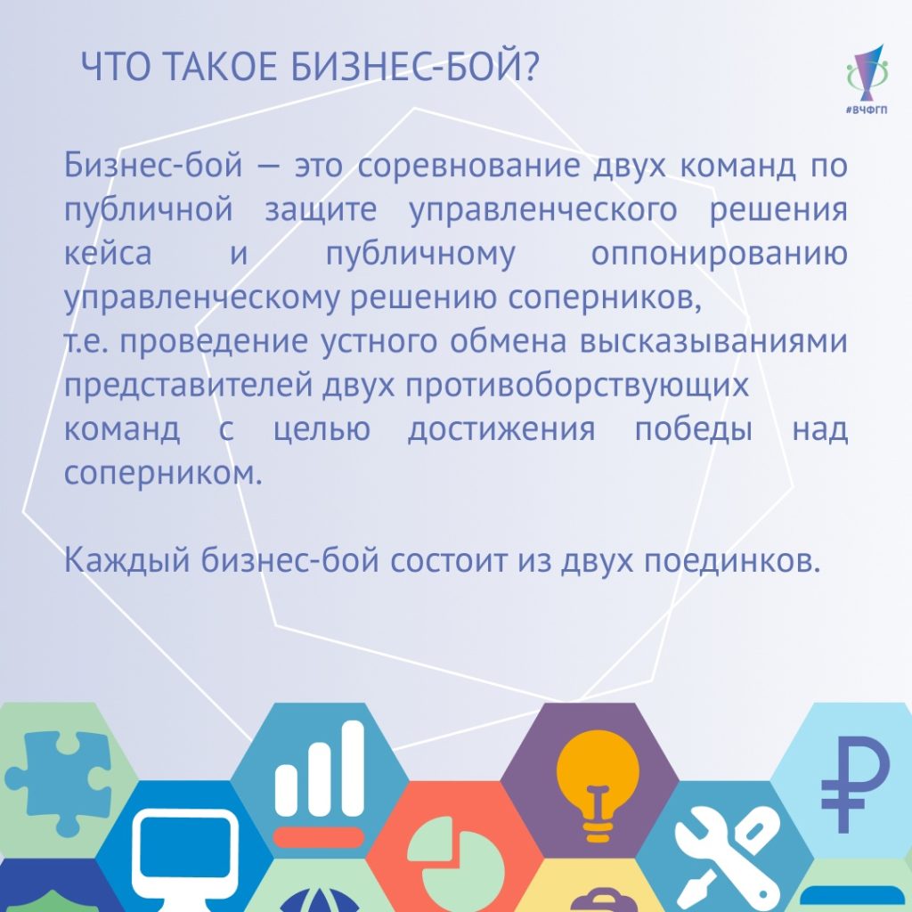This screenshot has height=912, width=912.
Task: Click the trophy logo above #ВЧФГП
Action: (x=866, y=73)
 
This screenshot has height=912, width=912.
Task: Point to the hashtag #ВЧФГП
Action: (x=867, y=110)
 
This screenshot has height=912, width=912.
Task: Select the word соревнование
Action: (x=468, y=166)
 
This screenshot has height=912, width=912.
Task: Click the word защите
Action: (x=321, y=210)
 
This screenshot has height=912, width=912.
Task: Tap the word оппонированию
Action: (x=719, y=255)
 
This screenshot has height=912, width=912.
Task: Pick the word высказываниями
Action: (x=713, y=342)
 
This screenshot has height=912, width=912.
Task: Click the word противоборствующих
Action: (x=577, y=387)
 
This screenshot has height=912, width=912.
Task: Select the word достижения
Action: (x=501, y=430)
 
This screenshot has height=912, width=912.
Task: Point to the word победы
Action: (x=693, y=430)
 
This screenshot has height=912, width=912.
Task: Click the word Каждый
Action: (x=126, y=560)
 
